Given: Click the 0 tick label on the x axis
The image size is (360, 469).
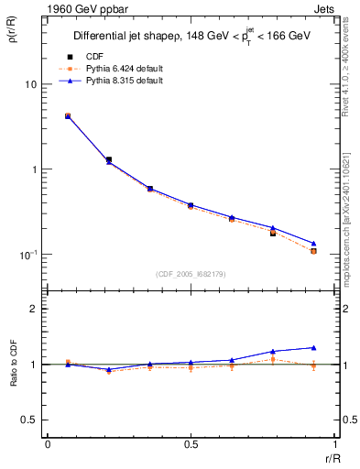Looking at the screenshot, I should click(x=48, y=444).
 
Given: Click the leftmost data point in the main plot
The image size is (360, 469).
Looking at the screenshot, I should click(x=68, y=116).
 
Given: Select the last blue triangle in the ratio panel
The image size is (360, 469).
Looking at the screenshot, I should click(x=313, y=348).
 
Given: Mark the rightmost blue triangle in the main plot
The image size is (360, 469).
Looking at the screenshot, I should click(x=313, y=244).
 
